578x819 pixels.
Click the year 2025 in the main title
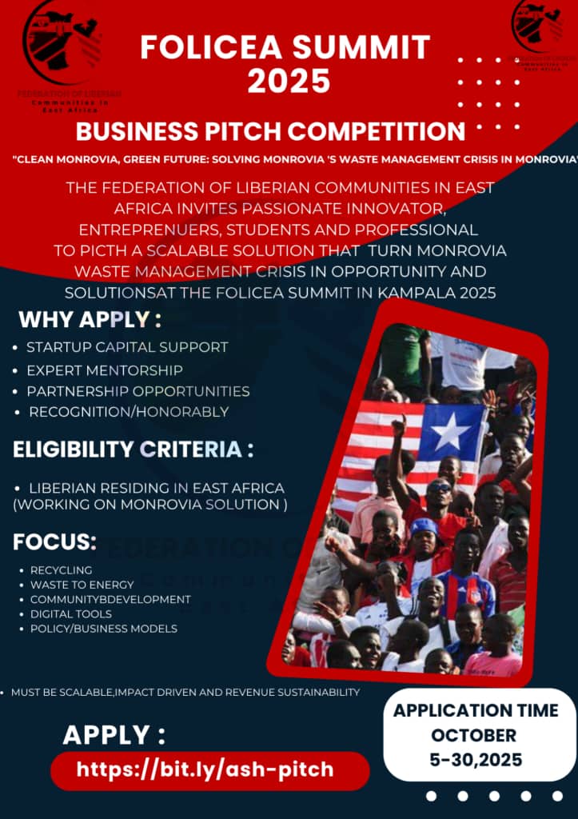[x=289, y=80]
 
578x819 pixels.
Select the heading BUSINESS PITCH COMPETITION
[x=270, y=131]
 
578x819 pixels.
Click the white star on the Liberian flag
[x=451, y=433]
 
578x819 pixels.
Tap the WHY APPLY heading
[x=90, y=319]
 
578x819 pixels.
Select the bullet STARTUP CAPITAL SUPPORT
[x=127, y=347]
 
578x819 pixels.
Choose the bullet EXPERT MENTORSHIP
[x=104, y=370]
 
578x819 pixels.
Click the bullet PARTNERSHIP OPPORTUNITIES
[x=138, y=391]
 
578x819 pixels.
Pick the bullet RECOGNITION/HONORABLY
[x=129, y=412]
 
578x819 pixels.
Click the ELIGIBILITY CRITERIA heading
[x=133, y=449]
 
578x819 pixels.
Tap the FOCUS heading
[x=54, y=542]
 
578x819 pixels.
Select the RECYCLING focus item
[x=61, y=570]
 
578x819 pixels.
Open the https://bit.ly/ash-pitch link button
[x=205, y=770]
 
